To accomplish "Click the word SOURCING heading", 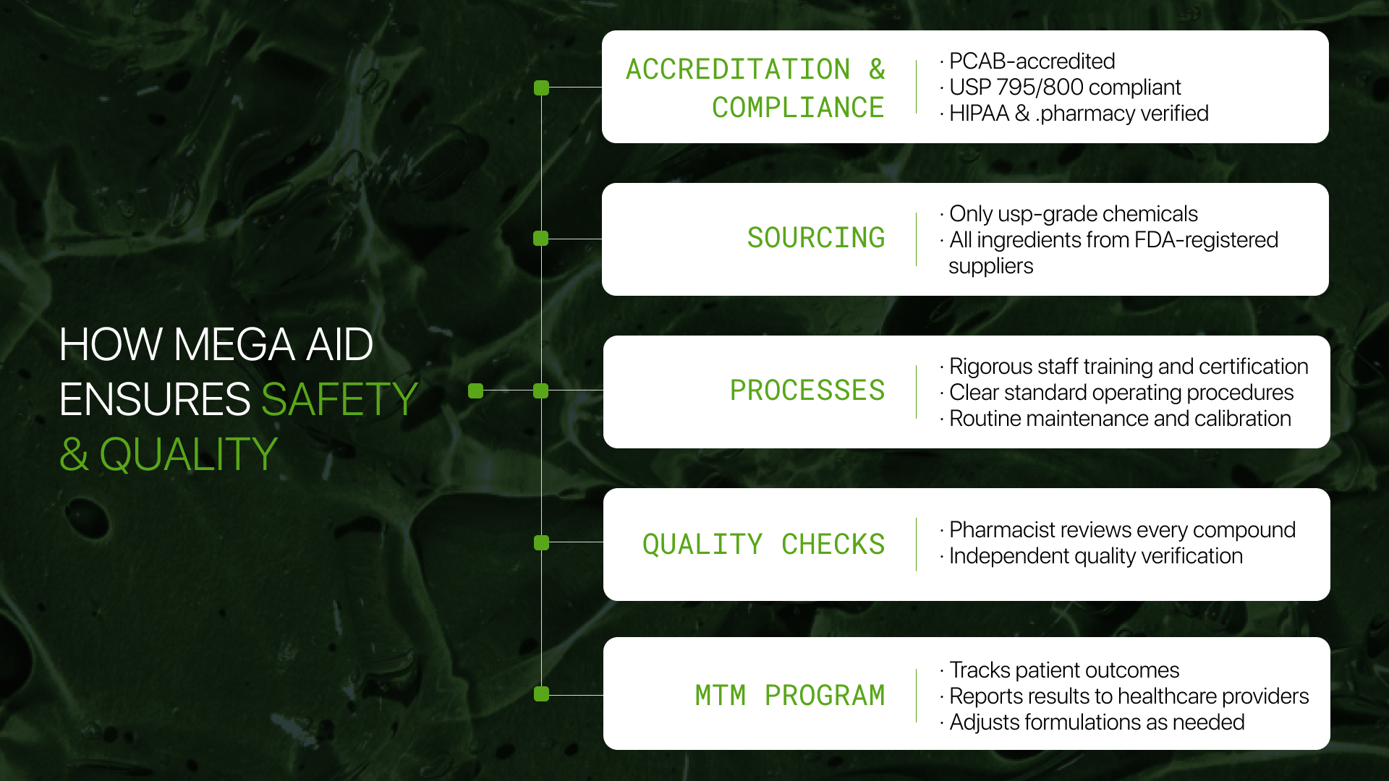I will click(x=815, y=238).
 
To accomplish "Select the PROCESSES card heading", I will click(x=807, y=390).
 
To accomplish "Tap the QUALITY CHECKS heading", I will click(x=763, y=544).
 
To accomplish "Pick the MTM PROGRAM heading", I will click(x=789, y=695).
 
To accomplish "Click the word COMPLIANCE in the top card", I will click(x=797, y=108).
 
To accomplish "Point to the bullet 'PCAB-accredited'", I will click(x=1032, y=61).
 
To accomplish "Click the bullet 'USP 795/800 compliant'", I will click(x=1064, y=87).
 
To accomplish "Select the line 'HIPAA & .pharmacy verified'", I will click(x=1078, y=113).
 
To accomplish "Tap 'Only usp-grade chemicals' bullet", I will click(x=1073, y=213).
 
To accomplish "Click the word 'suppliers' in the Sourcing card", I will click(x=990, y=265).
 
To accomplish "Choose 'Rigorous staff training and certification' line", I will click(x=1128, y=366).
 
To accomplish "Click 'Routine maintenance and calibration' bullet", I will click(x=1119, y=418).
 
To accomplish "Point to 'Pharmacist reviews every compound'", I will click(x=1121, y=529).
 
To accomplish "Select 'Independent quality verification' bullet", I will click(x=1095, y=555).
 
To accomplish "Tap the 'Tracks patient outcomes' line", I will click(x=1063, y=670).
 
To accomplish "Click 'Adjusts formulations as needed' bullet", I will click(x=1096, y=722).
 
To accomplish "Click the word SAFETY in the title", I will click(x=339, y=398).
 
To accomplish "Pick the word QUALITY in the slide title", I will click(x=188, y=454).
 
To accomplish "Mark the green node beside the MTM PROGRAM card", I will click(x=541, y=694).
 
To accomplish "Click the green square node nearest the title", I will click(x=475, y=390).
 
